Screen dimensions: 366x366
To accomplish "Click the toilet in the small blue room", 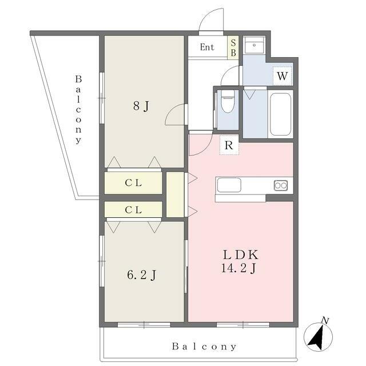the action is [228, 102].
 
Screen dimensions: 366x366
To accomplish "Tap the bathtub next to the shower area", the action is [280, 114].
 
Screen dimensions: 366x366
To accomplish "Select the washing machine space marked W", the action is [282, 76].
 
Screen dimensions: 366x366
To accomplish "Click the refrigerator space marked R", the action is [229, 145].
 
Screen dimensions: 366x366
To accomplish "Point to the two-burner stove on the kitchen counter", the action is [281, 185].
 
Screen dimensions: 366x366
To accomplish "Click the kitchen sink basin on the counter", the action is [229, 185].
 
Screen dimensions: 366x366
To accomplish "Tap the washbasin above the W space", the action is [254, 45].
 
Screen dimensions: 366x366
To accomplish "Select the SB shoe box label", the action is [233, 48].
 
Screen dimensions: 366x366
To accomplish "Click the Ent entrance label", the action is [207, 47].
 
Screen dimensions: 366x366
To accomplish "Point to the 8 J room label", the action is [141, 106].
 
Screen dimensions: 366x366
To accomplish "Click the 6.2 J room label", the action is [142, 274].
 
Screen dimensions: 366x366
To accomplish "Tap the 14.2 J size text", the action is [238, 268].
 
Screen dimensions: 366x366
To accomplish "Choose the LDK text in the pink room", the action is [241, 254].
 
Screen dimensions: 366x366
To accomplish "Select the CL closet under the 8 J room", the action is [133, 183].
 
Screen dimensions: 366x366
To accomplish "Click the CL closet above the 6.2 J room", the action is [133, 210].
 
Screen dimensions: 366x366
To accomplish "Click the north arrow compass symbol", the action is [318, 337].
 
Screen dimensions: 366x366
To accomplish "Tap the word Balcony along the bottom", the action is [204, 347].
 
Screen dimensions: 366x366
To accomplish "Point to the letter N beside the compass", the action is [325, 320].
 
